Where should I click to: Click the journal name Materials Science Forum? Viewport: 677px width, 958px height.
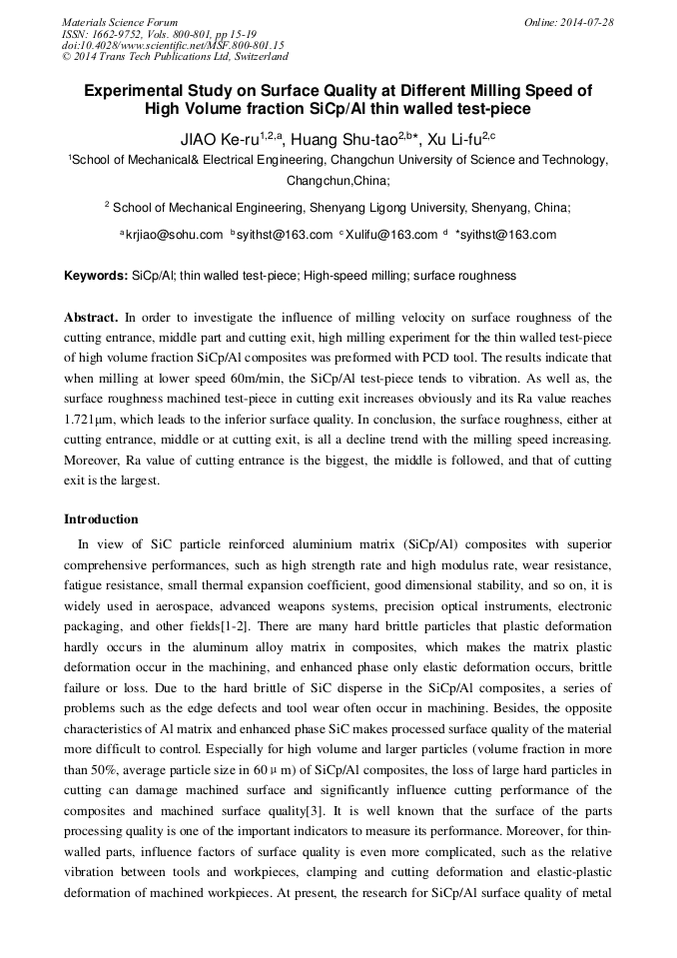point(120,22)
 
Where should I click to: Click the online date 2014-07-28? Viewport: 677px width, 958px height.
point(585,22)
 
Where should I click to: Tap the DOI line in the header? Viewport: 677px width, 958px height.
point(173,45)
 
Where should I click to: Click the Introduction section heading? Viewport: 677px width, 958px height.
point(101,519)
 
